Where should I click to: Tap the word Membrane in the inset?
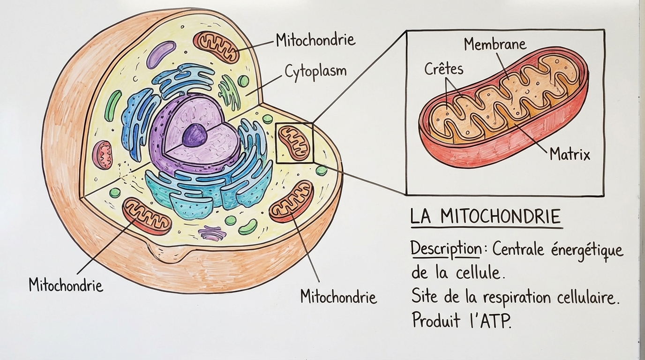pyautogui.click(x=495, y=45)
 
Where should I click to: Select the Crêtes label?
pyautogui.click(x=443, y=69)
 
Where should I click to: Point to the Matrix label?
pyautogui.click(x=570, y=154)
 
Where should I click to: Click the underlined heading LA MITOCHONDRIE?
pyautogui.click(x=486, y=217)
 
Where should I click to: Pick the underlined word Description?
pyautogui.click(x=445, y=248)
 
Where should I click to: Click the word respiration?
pyautogui.click(x=517, y=297)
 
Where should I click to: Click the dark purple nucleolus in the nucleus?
pyautogui.click(x=195, y=135)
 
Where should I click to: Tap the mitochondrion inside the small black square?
pyautogui.click(x=294, y=143)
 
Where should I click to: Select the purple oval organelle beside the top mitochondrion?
pyautogui.click(x=161, y=54)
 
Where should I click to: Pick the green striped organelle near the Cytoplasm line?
pyautogui.click(x=229, y=92)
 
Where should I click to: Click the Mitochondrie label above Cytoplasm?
pyautogui.click(x=315, y=40)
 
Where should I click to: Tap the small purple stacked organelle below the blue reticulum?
pyautogui.click(x=212, y=232)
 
